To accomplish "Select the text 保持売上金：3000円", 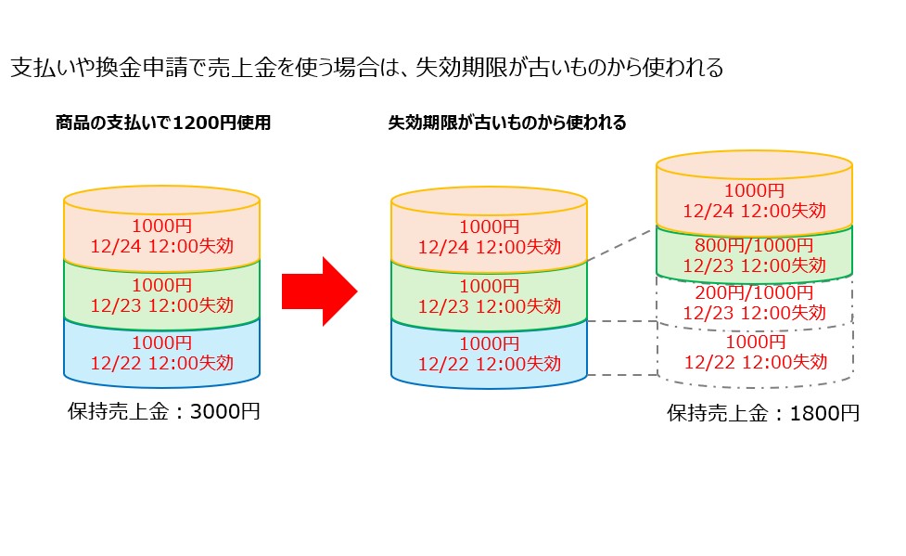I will [x=164, y=411].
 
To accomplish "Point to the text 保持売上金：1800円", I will [x=763, y=413].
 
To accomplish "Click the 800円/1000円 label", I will [x=754, y=246].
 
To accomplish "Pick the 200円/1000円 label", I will [x=754, y=293].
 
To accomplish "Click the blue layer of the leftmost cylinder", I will [x=161, y=352].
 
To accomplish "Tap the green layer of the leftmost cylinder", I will [x=161, y=294].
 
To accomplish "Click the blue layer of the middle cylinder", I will [x=489, y=354].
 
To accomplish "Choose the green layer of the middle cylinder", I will [x=489, y=296].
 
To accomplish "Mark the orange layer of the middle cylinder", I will [x=489, y=237].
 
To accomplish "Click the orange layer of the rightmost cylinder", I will [x=754, y=200].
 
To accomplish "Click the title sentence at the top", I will [x=365, y=68].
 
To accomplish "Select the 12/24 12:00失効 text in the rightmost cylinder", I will [x=754, y=211].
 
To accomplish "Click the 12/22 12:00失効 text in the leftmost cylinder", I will [x=161, y=362].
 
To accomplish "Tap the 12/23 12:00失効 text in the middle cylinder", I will [x=489, y=305].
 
